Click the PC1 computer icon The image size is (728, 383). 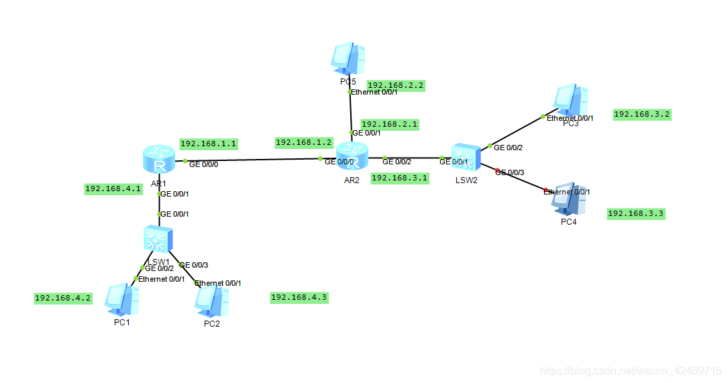(x=122, y=299)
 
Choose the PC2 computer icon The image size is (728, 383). (x=212, y=301)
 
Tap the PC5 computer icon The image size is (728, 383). (x=348, y=59)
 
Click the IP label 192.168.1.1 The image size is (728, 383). (x=208, y=144)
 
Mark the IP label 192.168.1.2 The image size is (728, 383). (x=303, y=142)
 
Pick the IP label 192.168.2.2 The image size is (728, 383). (x=396, y=85)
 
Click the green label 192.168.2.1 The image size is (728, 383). (x=389, y=124)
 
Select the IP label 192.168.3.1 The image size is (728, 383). (x=399, y=178)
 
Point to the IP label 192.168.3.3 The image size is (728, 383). (x=635, y=213)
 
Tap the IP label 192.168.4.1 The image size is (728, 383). (x=113, y=188)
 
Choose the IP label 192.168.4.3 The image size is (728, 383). (x=299, y=297)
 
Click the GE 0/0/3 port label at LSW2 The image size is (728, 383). (x=510, y=173)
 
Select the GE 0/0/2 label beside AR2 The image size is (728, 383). (x=397, y=161)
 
